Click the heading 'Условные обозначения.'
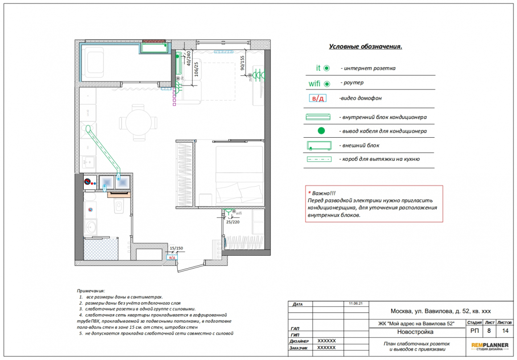coord(365,46)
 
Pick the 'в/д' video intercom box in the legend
coord(317,98)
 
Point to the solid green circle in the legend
coord(321,131)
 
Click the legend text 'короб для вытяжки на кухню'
coord(381,159)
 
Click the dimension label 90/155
coord(242,63)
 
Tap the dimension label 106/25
coord(197,69)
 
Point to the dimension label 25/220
coord(233,222)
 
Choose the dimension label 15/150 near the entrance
coord(176,248)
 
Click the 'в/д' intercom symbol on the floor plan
coord(172,257)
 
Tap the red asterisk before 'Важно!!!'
coord(309,193)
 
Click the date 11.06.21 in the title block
coord(356,303)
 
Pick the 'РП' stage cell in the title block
coord(475,331)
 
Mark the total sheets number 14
coord(505,331)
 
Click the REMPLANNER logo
coord(490,347)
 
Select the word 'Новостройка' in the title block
coord(415,332)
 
